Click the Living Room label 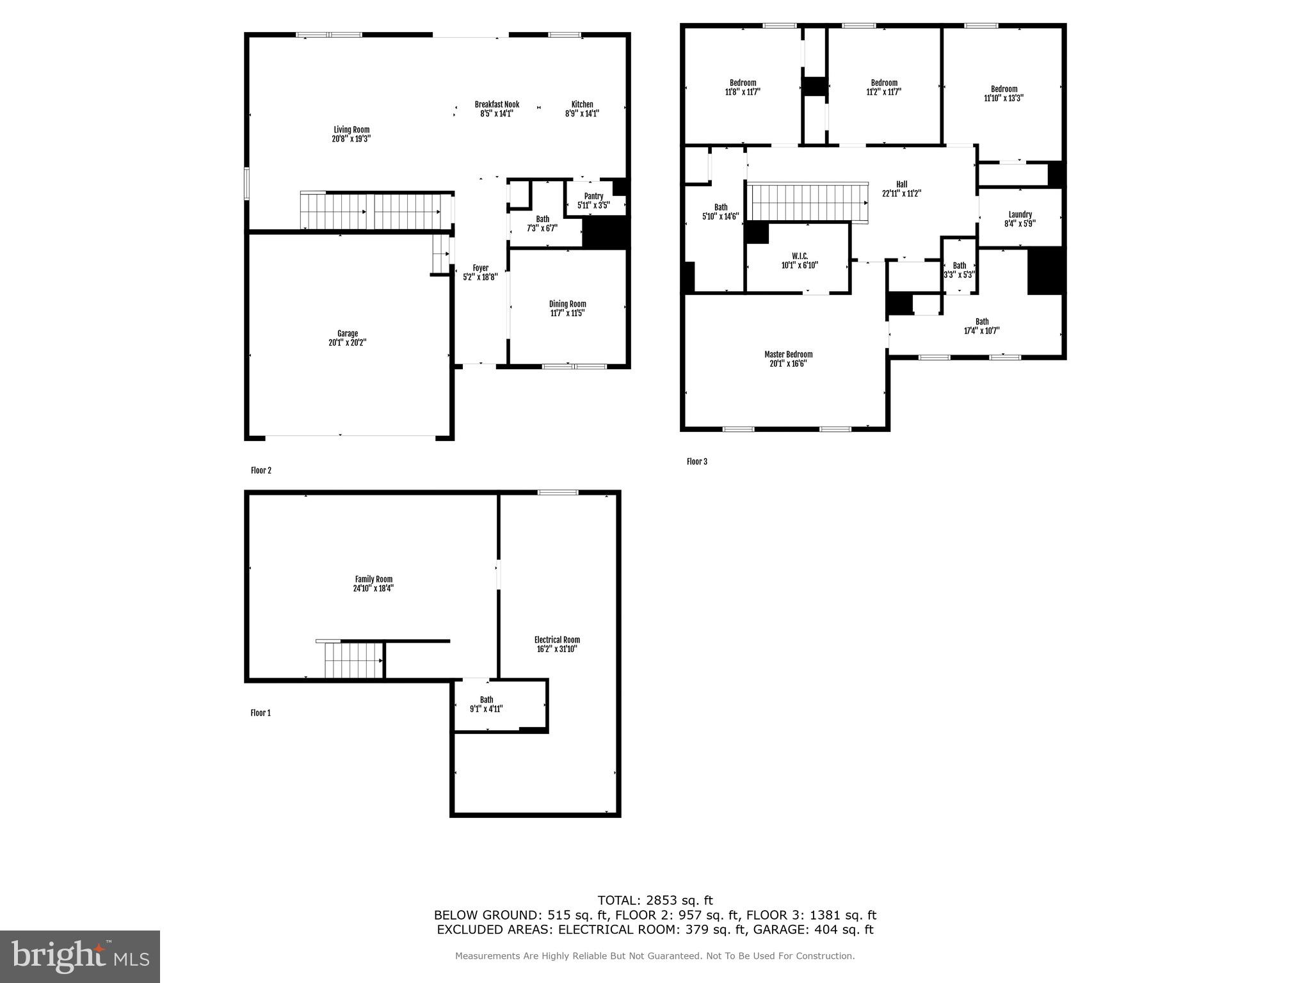click(x=351, y=130)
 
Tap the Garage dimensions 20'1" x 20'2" click(x=348, y=342)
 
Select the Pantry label click(x=593, y=196)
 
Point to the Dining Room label click(x=567, y=304)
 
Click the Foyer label click(x=480, y=268)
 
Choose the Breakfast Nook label click(x=497, y=104)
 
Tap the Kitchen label click(x=582, y=104)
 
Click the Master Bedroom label click(x=788, y=355)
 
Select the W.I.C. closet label click(x=800, y=256)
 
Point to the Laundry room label click(x=1020, y=215)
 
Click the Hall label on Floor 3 click(x=901, y=184)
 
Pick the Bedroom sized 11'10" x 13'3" click(x=1004, y=93)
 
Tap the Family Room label click(x=374, y=579)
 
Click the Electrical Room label click(x=557, y=639)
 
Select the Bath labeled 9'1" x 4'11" click(x=487, y=704)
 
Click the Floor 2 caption click(x=261, y=470)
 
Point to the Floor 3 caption click(x=697, y=461)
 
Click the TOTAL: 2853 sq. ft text click(x=655, y=900)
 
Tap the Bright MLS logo click(x=80, y=956)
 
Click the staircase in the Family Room click(x=353, y=660)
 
